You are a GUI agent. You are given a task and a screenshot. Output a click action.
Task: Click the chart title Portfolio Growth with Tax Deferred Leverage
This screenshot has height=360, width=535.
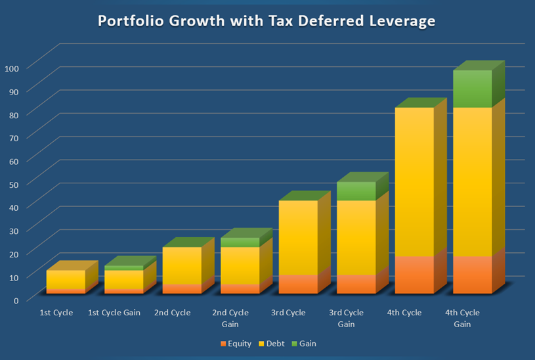[267, 21]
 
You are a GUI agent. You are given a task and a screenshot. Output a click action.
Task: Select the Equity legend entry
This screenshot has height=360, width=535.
[236, 344]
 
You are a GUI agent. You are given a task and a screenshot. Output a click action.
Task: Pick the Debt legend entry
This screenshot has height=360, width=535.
[272, 344]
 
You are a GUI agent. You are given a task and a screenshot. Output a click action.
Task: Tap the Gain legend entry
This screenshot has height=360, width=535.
[304, 344]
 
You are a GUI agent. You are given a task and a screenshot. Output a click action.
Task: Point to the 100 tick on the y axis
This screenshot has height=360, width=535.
[12, 68]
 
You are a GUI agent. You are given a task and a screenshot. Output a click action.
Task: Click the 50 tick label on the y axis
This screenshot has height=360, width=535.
[14, 185]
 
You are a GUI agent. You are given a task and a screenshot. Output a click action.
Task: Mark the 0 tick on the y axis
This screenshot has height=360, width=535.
[16, 301]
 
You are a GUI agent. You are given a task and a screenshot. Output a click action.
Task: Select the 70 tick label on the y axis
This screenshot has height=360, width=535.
[14, 138]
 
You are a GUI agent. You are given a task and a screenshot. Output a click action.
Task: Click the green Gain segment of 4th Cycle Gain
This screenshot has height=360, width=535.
[473, 89]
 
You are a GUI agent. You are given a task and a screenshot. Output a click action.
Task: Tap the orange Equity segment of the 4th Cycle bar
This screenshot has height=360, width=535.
[415, 275]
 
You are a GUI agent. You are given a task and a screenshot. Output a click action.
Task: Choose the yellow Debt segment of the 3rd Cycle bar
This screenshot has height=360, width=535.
[298, 238]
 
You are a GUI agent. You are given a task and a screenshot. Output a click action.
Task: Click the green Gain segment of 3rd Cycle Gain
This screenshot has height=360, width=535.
[356, 191]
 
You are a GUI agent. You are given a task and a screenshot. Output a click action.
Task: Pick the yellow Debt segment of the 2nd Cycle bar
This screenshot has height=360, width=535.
[182, 266]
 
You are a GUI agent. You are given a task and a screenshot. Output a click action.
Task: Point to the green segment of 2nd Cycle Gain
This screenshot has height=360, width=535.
[240, 242]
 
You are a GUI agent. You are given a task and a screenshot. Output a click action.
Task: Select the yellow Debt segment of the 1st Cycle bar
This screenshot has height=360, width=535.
[66, 280]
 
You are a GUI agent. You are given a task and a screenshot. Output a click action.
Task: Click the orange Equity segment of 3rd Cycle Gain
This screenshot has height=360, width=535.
[356, 284]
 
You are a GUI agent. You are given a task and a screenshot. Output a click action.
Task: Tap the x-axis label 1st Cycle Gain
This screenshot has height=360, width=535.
[114, 313]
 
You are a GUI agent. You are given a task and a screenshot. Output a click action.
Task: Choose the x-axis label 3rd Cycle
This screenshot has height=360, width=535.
[288, 313]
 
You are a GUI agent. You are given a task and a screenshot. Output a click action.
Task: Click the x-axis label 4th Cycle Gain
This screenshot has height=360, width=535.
[462, 319]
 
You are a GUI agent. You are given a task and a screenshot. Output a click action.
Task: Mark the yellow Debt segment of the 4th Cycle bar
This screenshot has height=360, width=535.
[415, 182]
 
